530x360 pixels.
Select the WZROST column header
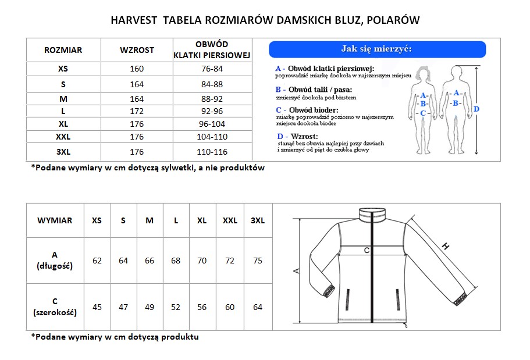(137, 50)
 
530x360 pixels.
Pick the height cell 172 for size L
(137, 111)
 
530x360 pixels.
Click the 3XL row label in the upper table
(63, 152)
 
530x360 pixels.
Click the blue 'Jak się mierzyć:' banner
(376, 49)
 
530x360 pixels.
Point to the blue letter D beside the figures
(476, 109)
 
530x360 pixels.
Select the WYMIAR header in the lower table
(55, 220)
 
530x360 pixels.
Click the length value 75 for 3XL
(258, 261)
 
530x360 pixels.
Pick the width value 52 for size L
(176, 307)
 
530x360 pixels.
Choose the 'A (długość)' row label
(55, 261)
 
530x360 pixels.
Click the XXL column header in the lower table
(230, 220)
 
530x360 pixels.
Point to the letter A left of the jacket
(296, 271)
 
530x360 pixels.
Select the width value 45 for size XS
(97, 307)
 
